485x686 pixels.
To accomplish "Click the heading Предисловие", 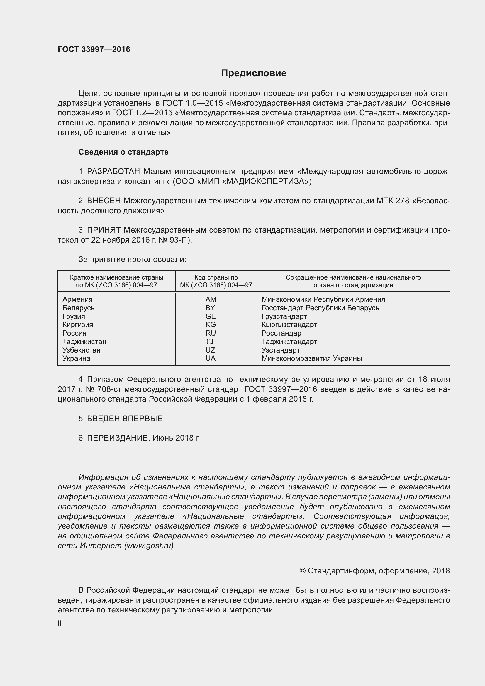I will [254, 73].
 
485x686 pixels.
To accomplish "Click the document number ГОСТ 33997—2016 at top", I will [94, 49].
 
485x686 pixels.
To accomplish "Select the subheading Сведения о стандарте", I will [123, 152].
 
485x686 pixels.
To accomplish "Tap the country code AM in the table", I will [211, 299].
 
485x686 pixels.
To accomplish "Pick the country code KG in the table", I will [211, 324].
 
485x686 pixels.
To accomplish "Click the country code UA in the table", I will [211, 358].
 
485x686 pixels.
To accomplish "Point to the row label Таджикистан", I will [84, 341].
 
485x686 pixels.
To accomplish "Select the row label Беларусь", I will [78, 308].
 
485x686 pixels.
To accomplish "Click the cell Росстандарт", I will [283, 333].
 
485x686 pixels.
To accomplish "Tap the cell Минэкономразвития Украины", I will [311, 358].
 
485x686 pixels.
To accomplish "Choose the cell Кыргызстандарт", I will [289, 324].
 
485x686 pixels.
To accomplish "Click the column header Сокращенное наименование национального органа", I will [353, 281].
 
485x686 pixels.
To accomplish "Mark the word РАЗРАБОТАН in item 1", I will [113, 172].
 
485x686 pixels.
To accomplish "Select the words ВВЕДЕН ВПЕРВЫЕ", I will [125, 419].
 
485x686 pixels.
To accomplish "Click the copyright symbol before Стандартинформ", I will [302, 571].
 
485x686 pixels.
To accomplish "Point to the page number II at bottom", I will [60, 623].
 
